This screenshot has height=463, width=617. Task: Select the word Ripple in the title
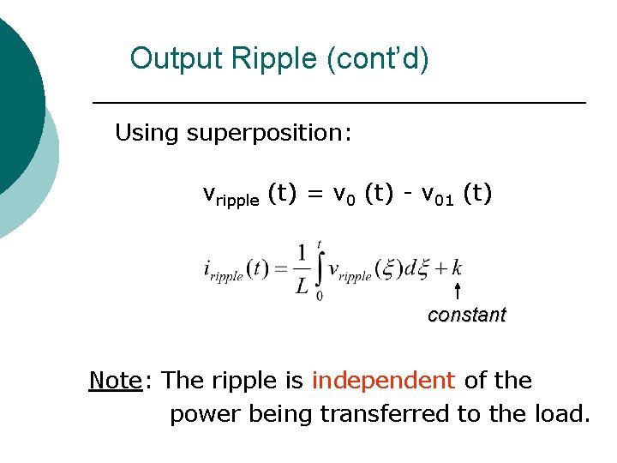269,59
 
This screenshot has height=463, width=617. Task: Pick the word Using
147,133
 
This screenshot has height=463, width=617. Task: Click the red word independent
382,380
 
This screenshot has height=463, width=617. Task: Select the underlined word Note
115,380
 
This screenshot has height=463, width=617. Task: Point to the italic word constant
466,315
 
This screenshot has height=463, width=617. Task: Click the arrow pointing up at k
458,291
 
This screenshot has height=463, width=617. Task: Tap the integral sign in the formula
320,269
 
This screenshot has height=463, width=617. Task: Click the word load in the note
561,414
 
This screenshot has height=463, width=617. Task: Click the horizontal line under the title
338,103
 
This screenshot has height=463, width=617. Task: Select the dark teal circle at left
13,94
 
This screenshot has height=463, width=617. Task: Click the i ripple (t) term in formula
237,270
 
